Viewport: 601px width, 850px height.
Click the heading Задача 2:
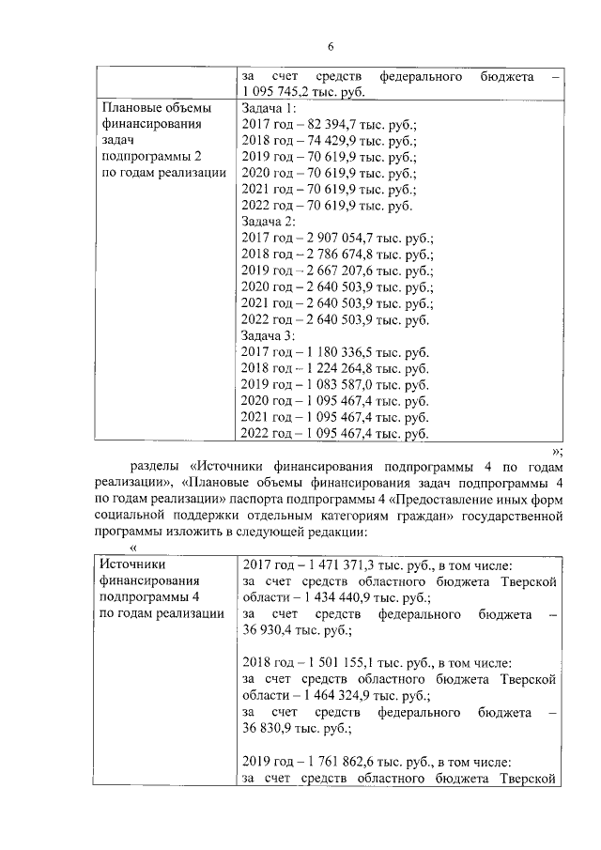(x=270, y=221)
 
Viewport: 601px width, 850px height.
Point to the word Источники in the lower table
(x=132, y=564)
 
